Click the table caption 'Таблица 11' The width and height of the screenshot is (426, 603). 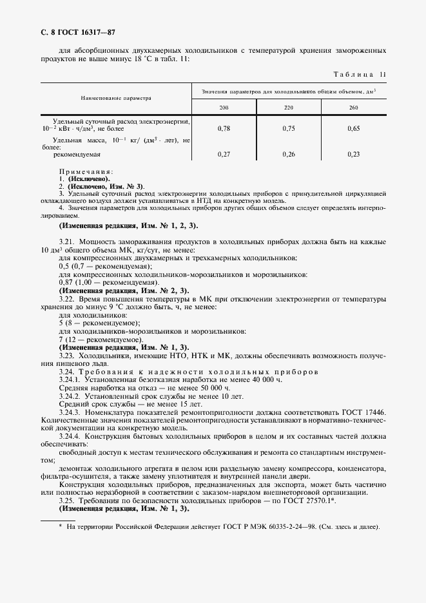coord(358,75)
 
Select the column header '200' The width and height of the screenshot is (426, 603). coord(224,107)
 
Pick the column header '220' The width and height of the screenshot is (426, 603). coord(288,107)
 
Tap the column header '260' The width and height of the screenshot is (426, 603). coord(353,107)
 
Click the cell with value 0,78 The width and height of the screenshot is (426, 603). coord(224,129)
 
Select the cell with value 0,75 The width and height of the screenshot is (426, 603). coord(288,129)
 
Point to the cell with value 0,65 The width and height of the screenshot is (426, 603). coord(353,129)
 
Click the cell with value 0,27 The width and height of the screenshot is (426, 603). coord(224,155)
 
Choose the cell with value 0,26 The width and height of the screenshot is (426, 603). coord(288,155)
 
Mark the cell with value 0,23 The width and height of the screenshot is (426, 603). coord(353,155)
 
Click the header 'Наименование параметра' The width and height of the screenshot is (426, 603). coord(115,99)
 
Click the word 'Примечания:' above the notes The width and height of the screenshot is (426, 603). coord(86,171)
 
